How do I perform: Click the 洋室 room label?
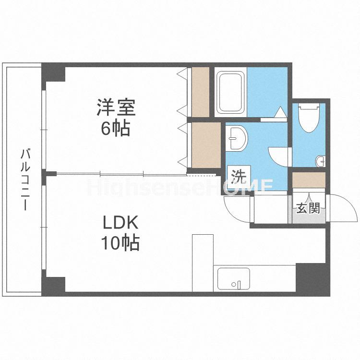(116, 108)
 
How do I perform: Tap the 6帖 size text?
(115, 128)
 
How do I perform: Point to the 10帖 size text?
(120, 244)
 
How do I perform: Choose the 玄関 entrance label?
(308, 208)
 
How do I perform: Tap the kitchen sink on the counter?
(234, 279)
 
